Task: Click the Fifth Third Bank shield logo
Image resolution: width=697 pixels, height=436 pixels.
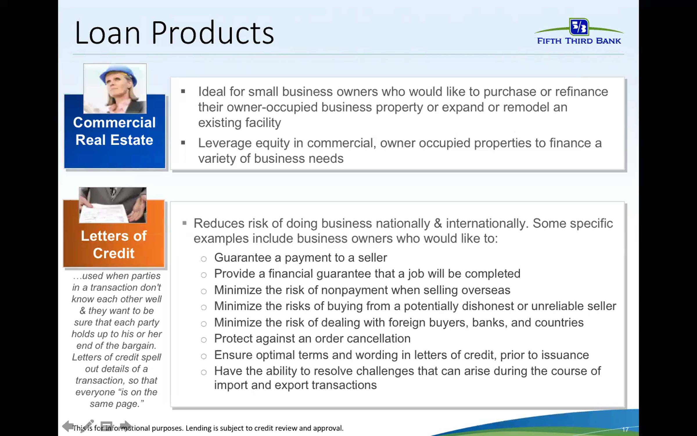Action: (x=579, y=27)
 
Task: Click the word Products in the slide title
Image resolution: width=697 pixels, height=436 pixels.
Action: (x=213, y=33)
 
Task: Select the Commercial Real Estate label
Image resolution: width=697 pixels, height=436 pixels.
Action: (x=114, y=131)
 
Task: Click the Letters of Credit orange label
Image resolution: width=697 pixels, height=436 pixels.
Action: (x=114, y=244)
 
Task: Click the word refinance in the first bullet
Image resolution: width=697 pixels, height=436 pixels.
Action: (x=581, y=92)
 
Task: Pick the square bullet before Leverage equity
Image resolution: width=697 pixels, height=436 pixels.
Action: (x=183, y=143)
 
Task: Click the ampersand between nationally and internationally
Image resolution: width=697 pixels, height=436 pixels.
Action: (x=438, y=224)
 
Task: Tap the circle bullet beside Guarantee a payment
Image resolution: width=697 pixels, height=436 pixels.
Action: (x=204, y=259)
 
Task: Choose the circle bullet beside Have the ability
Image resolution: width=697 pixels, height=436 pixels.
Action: (x=204, y=372)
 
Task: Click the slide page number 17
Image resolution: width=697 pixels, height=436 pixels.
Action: (x=625, y=429)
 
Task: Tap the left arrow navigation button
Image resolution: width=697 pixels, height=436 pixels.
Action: (x=67, y=426)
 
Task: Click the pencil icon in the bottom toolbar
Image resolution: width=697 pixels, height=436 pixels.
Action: (x=87, y=426)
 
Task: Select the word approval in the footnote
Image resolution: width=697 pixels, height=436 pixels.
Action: (x=328, y=428)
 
